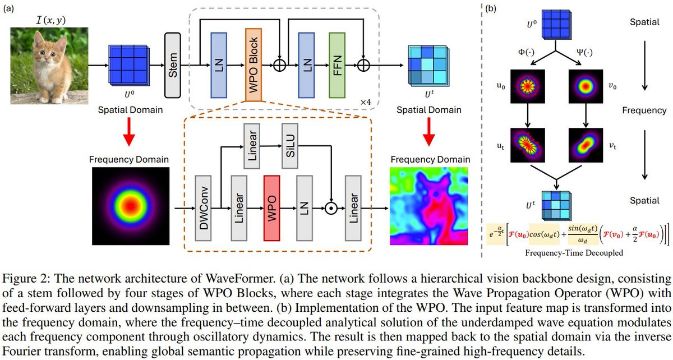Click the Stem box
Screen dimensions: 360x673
(174, 64)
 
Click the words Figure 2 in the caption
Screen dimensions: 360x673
(23, 278)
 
